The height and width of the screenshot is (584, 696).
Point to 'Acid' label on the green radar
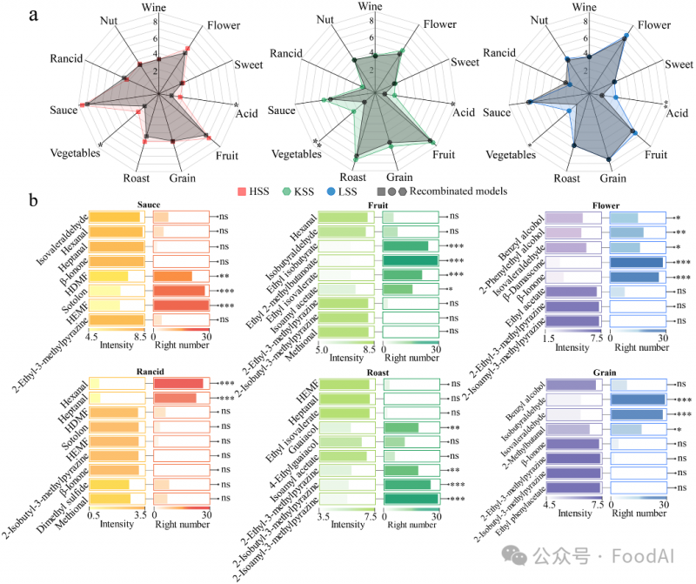(463, 112)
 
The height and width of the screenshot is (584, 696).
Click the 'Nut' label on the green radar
(326, 20)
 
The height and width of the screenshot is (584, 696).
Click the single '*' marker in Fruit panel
(451, 289)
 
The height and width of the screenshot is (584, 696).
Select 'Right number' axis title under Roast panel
(410, 525)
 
